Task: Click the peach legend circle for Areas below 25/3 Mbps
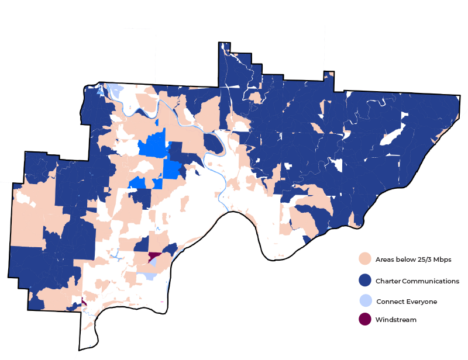[x=365, y=259]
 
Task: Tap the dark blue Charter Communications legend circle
[x=365, y=281]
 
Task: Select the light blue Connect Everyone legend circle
[x=365, y=301]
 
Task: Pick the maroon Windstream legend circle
[x=365, y=320]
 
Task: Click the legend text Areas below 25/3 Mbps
[x=414, y=259]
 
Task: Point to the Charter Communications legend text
[x=418, y=281]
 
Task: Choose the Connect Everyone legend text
[x=407, y=302]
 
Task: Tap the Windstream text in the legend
[x=396, y=320]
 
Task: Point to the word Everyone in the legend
[x=422, y=302]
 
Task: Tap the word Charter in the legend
[x=389, y=281]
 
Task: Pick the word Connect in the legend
[x=390, y=302]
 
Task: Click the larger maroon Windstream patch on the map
[x=154, y=256]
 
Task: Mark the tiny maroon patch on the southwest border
[x=84, y=302]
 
